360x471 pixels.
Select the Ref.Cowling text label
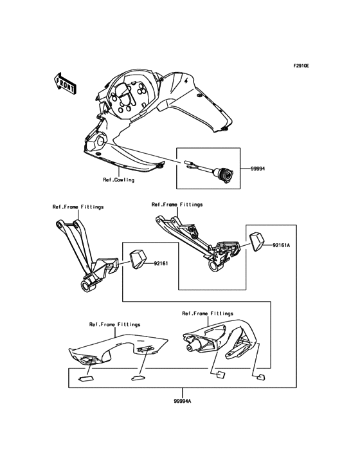point(118,180)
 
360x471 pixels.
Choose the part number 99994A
point(183,402)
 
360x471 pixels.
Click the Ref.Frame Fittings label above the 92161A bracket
point(177,204)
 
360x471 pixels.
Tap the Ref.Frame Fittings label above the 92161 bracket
point(78,207)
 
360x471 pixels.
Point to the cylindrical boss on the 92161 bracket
point(84,286)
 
